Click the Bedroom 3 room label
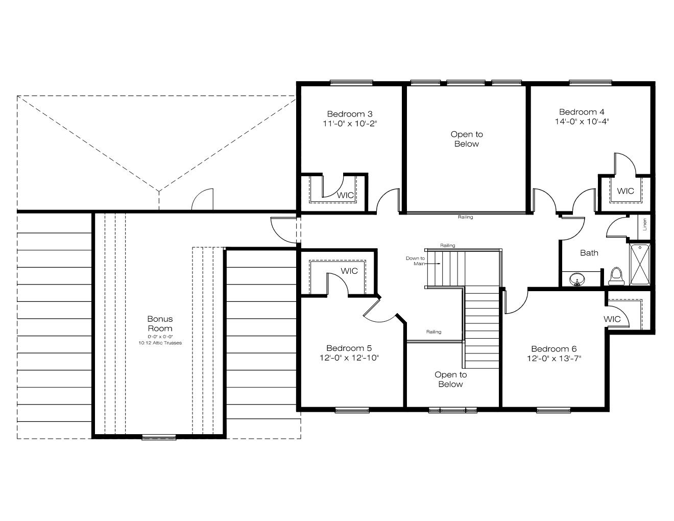(350, 114)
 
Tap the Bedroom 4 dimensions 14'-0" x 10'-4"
(582, 122)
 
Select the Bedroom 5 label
(349, 348)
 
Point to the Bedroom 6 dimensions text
(553, 359)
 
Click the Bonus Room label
(160, 323)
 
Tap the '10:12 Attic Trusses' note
(160, 343)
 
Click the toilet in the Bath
(616, 276)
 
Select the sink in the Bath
(577, 279)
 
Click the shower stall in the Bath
(640, 265)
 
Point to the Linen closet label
(645, 224)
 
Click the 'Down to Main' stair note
(415, 261)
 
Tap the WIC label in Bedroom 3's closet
(345, 195)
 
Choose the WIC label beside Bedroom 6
(612, 319)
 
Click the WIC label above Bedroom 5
(349, 271)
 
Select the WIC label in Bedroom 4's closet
(625, 191)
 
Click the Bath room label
(589, 253)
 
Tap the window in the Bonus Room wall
(159, 437)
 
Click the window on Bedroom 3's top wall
(351, 83)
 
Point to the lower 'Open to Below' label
(450, 379)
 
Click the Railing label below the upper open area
(465, 217)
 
